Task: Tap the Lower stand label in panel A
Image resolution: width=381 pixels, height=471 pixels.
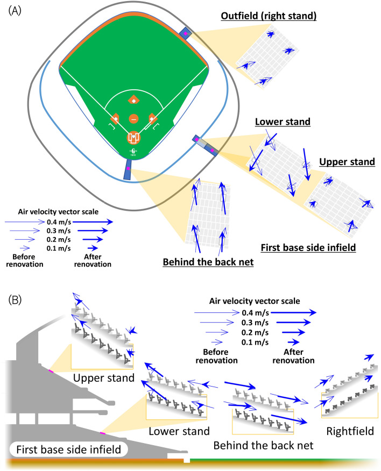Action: point(283,122)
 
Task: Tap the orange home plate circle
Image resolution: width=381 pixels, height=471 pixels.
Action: point(133,137)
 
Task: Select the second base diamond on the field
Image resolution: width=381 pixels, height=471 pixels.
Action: point(133,99)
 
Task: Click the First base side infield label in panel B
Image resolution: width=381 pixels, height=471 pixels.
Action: point(66,449)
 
